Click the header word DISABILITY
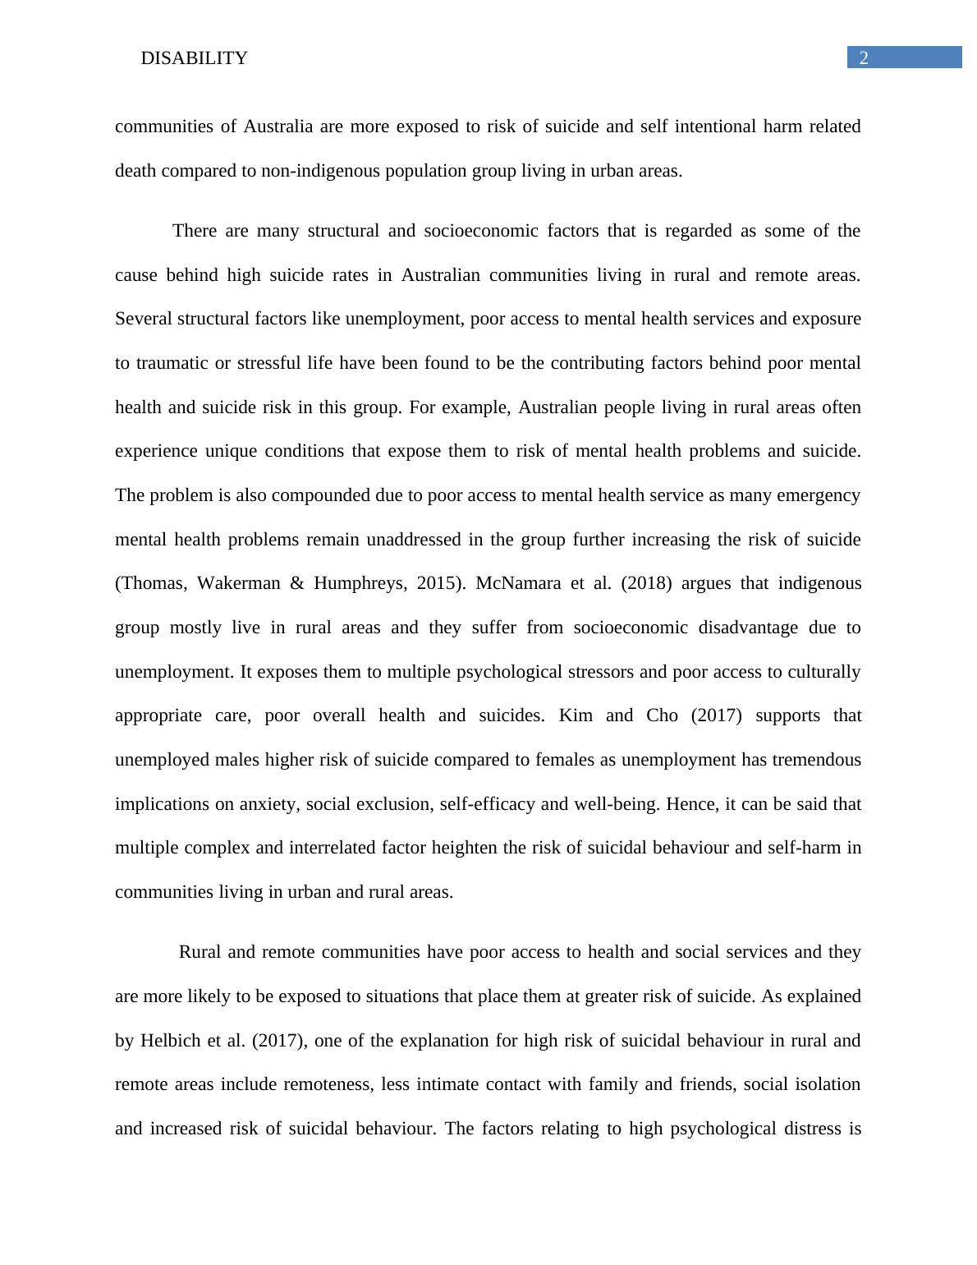pyautogui.click(x=194, y=58)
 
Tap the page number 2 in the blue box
pyautogui.click(x=864, y=57)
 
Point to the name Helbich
pyautogui.click(x=170, y=1041)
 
